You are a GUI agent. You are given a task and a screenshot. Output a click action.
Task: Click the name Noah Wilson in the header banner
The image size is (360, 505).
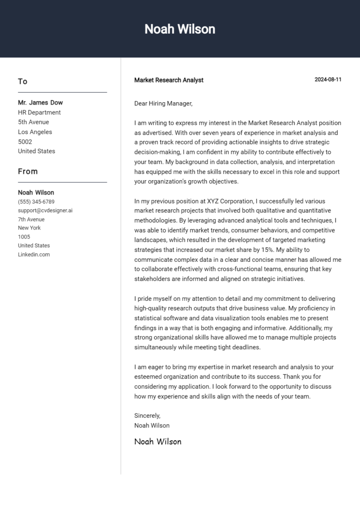click(180, 29)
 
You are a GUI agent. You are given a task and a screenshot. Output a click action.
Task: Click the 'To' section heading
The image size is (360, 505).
click(22, 82)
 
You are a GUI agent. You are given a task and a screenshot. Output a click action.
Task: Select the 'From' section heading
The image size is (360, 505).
click(28, 171)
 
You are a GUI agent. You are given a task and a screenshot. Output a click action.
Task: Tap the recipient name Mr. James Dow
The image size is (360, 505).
click(40, 103)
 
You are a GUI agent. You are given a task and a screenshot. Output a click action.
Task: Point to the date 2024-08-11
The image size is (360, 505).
click(328, 80)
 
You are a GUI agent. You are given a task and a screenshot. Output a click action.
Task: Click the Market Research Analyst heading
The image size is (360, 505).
click(169, 80)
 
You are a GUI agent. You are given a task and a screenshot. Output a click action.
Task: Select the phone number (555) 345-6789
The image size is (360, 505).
click(36, 202)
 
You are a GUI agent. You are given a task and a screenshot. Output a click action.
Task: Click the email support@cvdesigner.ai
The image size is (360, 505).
click(45, 211)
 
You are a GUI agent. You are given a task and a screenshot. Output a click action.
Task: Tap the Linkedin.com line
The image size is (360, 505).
click(34, 254)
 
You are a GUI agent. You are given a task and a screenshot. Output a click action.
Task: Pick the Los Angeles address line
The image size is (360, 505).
click(35, 132)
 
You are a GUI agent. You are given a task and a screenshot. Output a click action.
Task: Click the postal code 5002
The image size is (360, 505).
click(25, 141)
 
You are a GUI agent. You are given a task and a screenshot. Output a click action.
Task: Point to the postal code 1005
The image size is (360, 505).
click(24, 237)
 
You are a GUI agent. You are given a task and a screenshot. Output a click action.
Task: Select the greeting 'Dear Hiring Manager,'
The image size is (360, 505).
click(163, 104)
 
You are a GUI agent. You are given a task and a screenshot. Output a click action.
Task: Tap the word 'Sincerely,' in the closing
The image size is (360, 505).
click(147, 416)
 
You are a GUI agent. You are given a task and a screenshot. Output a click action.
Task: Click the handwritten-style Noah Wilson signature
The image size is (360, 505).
click(157, 441)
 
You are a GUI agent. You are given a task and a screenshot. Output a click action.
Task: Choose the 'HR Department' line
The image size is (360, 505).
click(39, 112)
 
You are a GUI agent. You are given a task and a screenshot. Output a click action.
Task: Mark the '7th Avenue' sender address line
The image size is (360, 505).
click(31, 219)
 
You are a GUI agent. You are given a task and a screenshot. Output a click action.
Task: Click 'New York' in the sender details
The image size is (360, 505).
click(30, 228)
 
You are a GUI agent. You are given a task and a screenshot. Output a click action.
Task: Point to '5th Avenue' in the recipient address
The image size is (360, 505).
click(33, 122)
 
